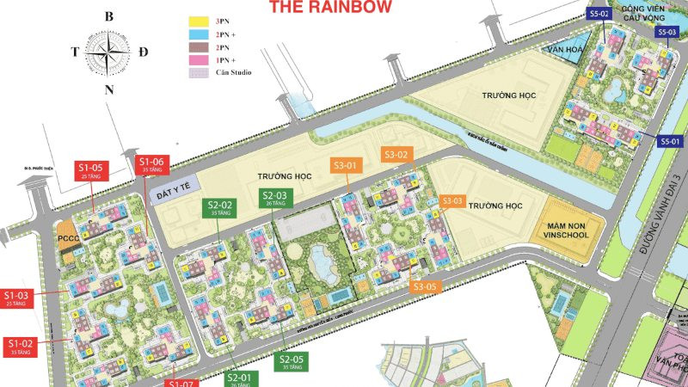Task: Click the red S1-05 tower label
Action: (x=90, y=169)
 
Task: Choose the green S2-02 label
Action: (x=220, y=207)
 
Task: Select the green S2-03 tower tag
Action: (x=274, y=199)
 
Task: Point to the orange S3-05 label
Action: (x=427, y=286)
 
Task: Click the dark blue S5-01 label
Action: (x=670, y=141)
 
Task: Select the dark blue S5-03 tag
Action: (x=666, y=32)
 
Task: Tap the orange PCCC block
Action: (x=68, y=236)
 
